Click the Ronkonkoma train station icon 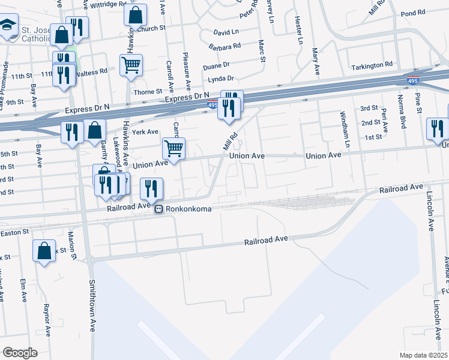click(159, 209)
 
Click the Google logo click(20, 352)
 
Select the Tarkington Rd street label click(372, 64)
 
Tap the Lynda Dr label click(220, 79)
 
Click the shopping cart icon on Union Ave click(173, 148)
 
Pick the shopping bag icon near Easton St click(44, 251)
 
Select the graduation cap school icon click(7, 26)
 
